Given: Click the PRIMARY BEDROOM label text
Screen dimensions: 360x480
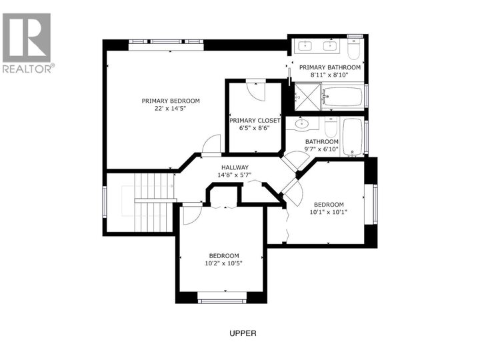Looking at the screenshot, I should point(170,101).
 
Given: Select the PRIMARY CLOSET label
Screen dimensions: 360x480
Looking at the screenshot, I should point(255,121).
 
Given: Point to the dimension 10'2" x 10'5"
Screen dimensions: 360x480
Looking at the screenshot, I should point(223,263).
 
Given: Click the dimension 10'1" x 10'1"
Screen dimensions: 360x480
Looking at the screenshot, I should point(329,213).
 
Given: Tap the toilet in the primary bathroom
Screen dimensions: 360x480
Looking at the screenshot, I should point(355,49).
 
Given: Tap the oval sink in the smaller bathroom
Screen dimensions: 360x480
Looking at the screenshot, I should point(300,123).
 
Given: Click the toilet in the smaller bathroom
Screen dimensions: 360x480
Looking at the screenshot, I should point(331,124).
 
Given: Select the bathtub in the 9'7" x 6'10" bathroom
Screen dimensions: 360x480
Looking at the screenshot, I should point(352,137).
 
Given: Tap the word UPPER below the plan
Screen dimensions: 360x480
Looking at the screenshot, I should point(242,333).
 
